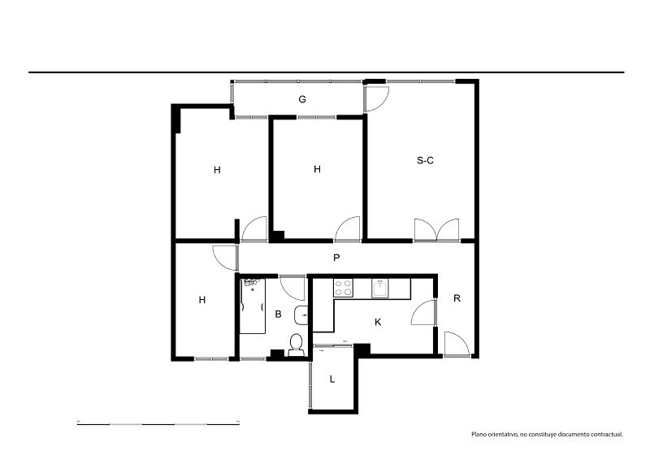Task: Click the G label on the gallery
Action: pyautogui.click(x=302, y=99)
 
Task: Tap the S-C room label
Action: pyautogui.click(x=425, y=161)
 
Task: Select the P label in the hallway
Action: pyautogui.click(x=336, y=258)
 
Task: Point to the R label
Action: pyautogui.click(x=457, y=298)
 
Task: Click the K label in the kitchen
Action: pyautogui.click(x=378, y=322)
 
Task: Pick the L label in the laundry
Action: pyautogui.click(x=332, y=379)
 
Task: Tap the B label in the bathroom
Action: pyautogui.click(x=278, y=315)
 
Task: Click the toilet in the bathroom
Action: pyautogui.click(x=296, y=345)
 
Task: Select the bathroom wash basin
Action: pyautogui.click(x=301, y=315)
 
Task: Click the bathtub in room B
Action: pyautogui.click(x=253, y=306)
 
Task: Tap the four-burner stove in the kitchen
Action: pyautogui.click(x=343, y=288)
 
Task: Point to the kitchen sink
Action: pyautogui.click(x=380, y=289)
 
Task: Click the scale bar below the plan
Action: pyautogui.click(x=158, y=424)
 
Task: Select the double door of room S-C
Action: pyautogui.click(x=437, y=230)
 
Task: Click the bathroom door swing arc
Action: pyautogui.click(x=292, y=288)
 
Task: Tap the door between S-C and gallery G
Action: pyautogui.click(x=376, y=98)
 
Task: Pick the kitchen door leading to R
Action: pyautogui.click(x=423, y=312)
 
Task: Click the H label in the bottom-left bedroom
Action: pyautogui.click(x=201, y=300)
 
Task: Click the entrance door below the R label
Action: pyautogui.click(x=457, y=344)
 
